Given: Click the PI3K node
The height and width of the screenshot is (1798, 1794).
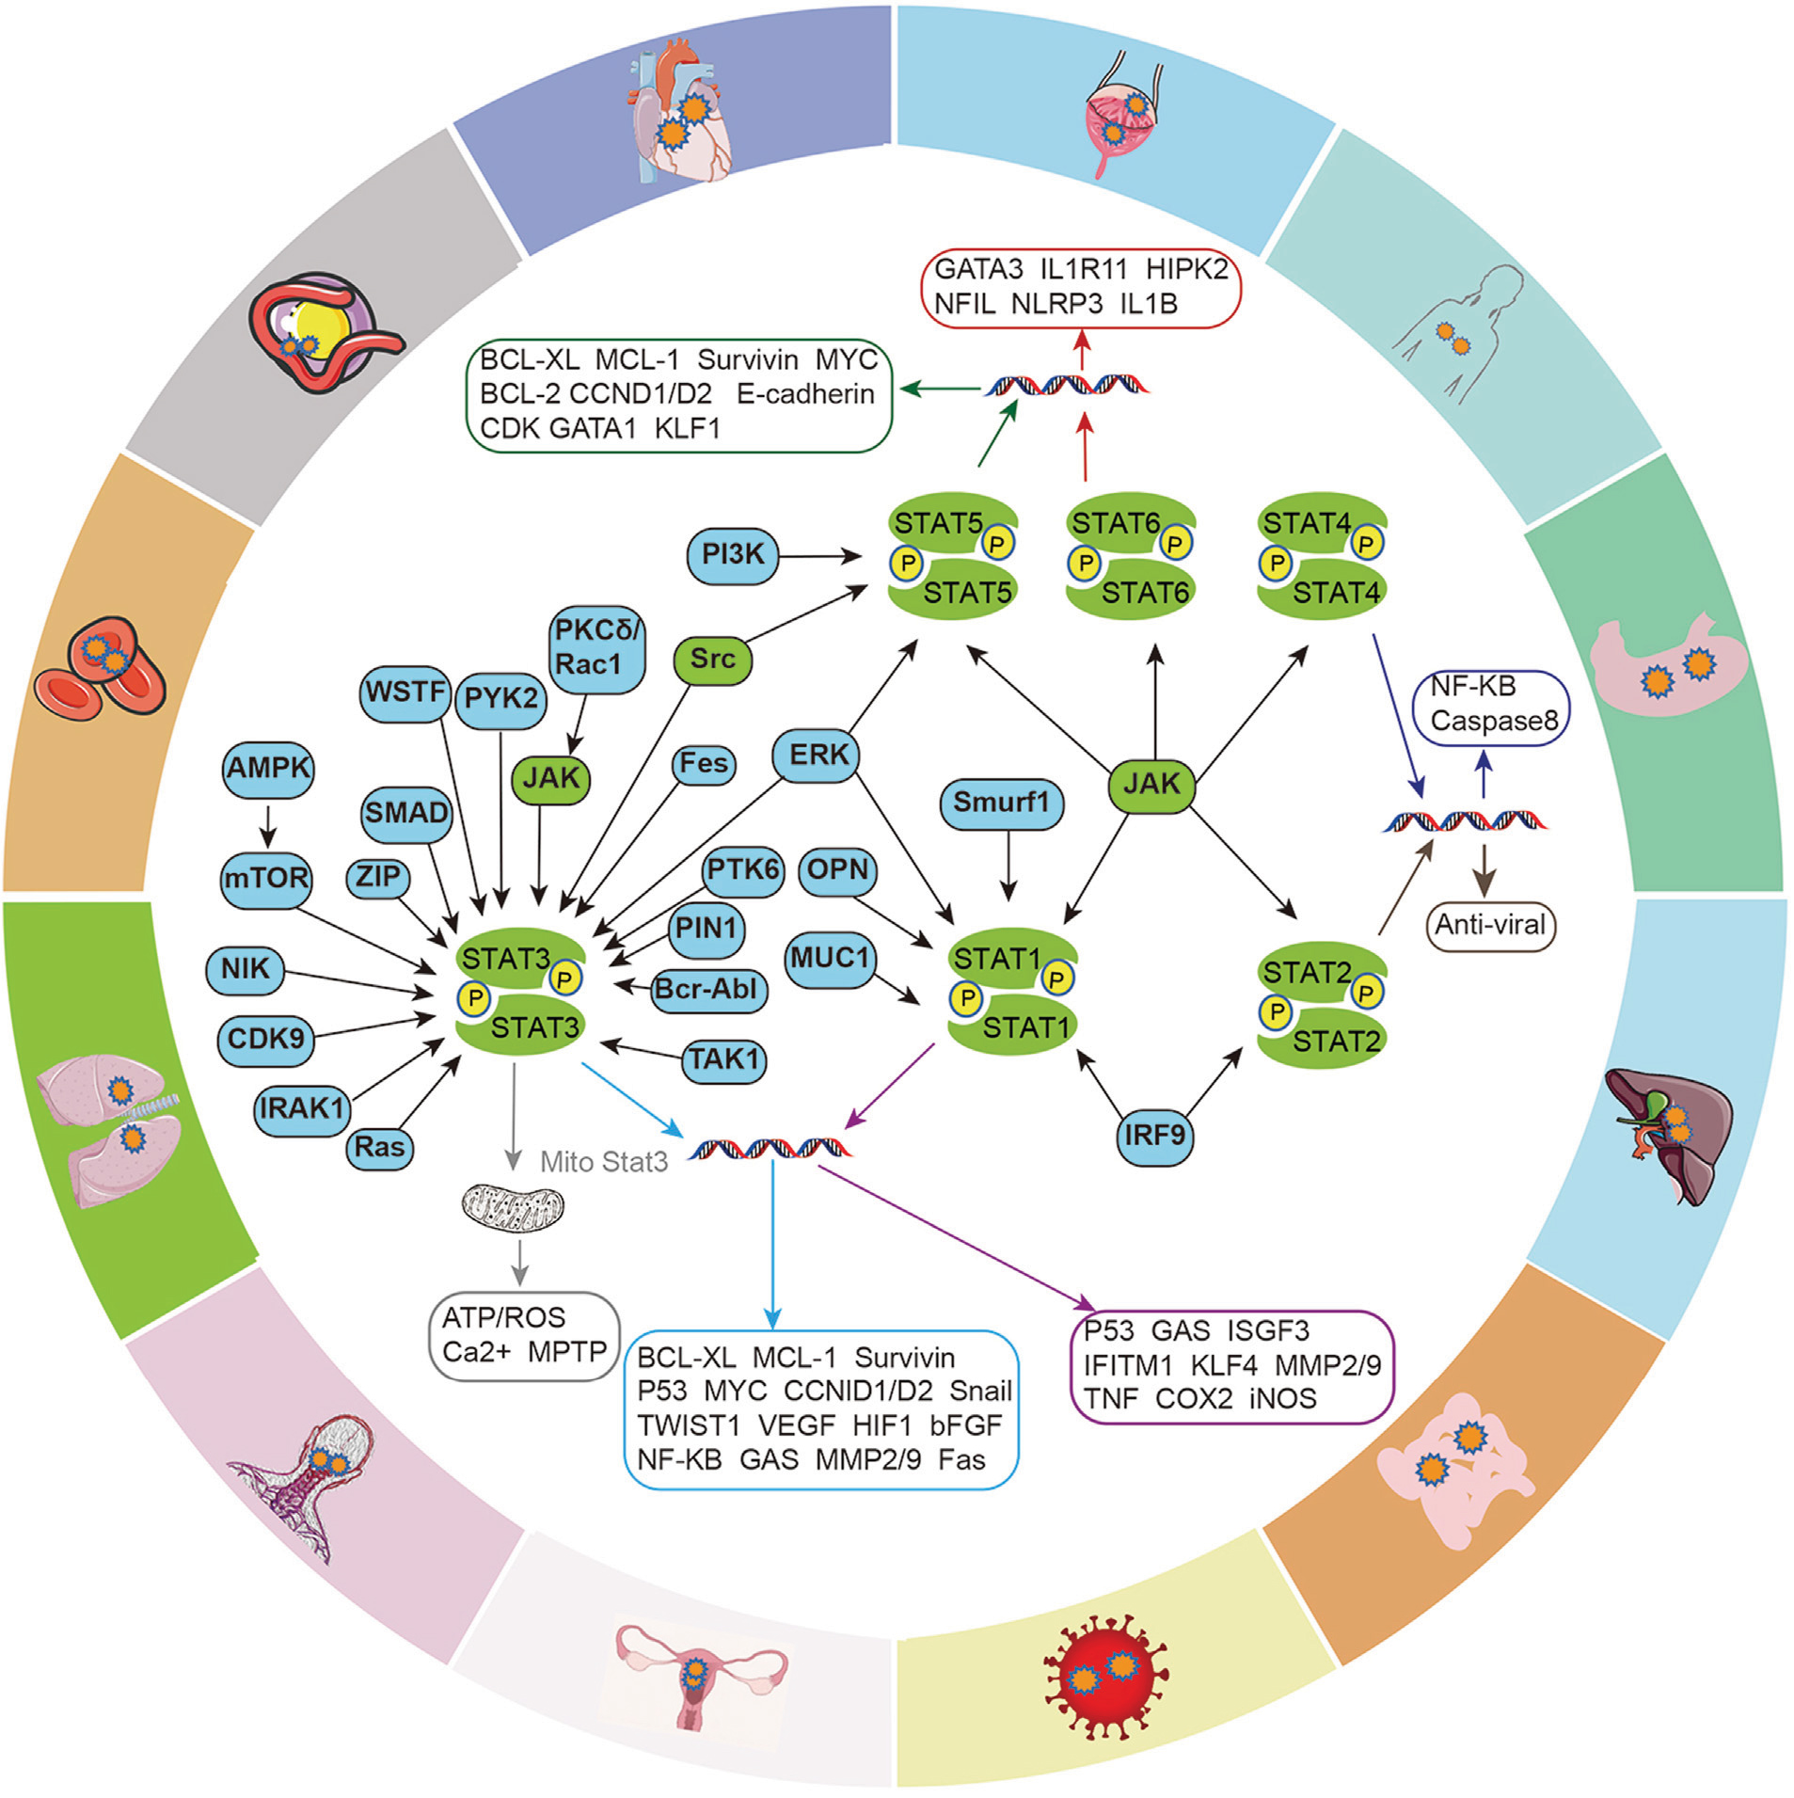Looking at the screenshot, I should click(x=733, y=555).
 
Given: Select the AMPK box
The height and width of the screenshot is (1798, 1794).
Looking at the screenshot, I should click(x=268, y=769).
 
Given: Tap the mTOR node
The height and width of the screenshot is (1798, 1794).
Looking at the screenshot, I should click(x=266, y=879).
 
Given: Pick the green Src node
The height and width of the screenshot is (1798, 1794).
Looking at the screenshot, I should click(x=713, y=659).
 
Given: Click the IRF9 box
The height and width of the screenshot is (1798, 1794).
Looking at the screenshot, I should click(x=1154, y=1136).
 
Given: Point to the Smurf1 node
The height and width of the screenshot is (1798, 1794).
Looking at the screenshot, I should click(x=1000, y=803).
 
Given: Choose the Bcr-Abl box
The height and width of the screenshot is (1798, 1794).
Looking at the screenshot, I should click(x=706, y=989).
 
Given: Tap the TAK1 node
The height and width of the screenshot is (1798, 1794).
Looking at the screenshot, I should click(x=723, y=1059).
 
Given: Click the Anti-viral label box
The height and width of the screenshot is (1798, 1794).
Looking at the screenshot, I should click(x=1489, y=925).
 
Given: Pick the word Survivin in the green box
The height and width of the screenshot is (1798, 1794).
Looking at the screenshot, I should click(x=747, y=360).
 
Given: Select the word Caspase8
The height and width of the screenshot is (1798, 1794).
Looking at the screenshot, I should click(x=1494, y=721).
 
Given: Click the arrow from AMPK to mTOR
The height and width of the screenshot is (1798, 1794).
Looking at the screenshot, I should click(x=268, y=824).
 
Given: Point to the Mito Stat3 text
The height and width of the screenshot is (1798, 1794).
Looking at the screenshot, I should click(x=604, y=1162).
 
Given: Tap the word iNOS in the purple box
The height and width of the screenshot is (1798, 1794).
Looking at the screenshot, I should click(x=1282, y=1399).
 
